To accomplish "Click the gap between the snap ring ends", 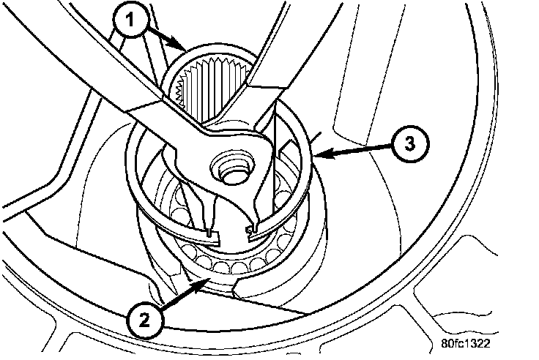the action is tap(231, 235).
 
